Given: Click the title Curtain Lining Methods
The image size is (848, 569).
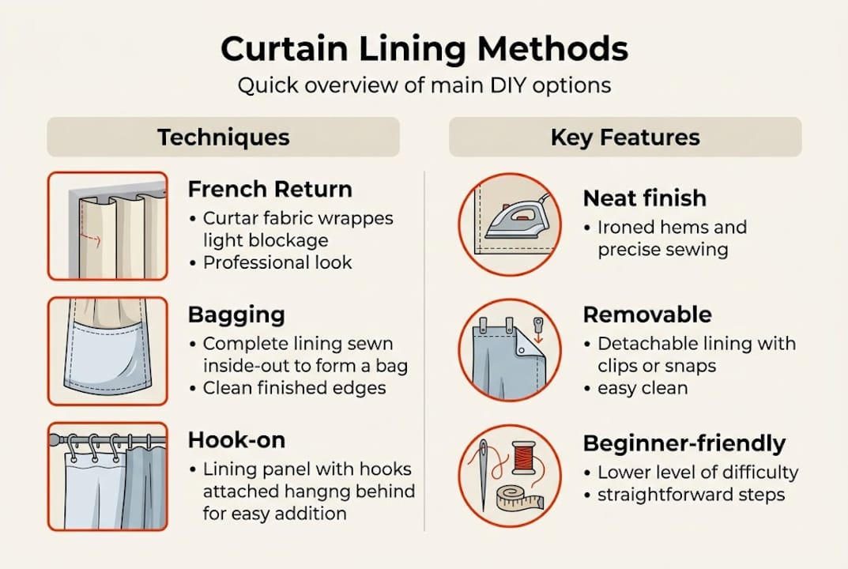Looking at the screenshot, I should click(x=424, y=50).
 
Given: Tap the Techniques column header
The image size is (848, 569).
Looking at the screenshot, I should click(x=223, y=138).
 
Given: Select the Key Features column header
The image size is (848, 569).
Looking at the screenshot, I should click(x=625, y=138).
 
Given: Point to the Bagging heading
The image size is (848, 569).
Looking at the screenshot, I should click(x=236, y=315).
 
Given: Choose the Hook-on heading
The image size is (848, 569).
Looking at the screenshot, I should click(x=237, y=439).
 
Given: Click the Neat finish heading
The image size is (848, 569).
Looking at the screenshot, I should click(x=645, y=198).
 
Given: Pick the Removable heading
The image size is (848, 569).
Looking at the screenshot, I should click(x=647, y=315).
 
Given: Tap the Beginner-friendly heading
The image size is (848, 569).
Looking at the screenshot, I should click(x=684, y=443).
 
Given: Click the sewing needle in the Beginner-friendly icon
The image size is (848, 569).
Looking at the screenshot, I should click(x=483, y=474).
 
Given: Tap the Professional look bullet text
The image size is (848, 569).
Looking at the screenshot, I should click(x=277, y=262).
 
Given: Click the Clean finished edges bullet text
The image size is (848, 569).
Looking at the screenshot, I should click(x=295, y=387).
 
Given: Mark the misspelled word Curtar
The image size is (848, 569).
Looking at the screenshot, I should click(x=229, y=218).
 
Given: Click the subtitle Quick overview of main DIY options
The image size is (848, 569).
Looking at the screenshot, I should click(x=424, y=85).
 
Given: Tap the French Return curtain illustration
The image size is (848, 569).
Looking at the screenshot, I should click(x=107, y=226).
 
